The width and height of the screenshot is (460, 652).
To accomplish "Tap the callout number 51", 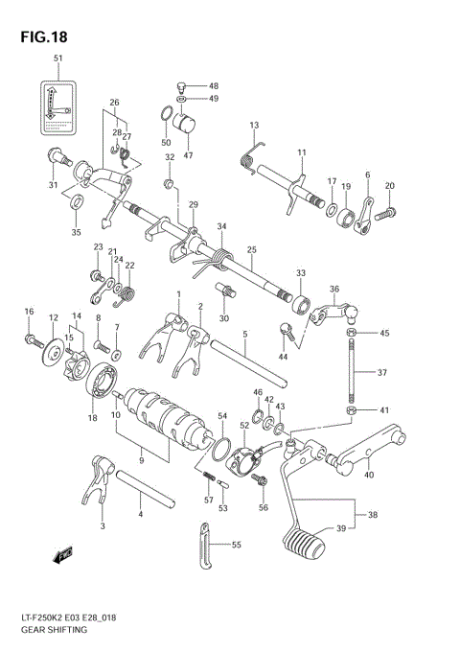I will (x=57, y=59).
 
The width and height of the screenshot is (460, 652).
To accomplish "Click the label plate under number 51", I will (x=57, y=107).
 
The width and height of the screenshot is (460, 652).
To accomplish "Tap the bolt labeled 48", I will (x=182, y=86).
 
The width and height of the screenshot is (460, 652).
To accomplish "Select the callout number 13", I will (x=254, y=126).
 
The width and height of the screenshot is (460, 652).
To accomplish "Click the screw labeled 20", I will (x=388, y=214).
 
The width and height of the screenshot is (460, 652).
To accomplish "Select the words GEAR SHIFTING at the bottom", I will (x=59, y=631).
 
